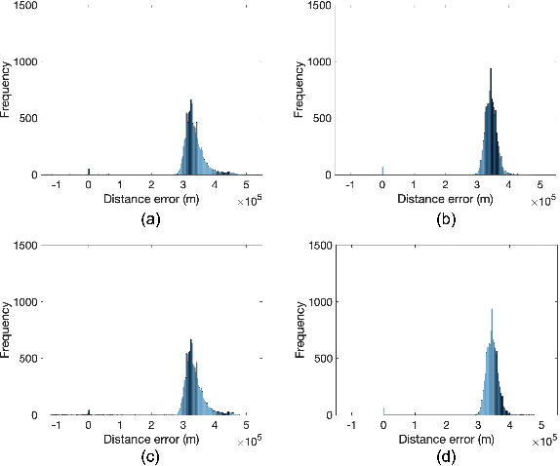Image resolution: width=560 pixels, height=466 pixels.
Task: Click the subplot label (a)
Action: click(x=151, y=220)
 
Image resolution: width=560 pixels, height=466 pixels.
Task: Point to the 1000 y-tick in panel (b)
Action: click(x=320, y=62)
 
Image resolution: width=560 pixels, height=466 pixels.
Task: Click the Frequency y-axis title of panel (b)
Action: click(x=300, y=91)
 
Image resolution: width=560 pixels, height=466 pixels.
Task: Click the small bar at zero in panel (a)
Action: click(x=89, y=171)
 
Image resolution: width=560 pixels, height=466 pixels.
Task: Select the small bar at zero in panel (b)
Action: click(x=383, y=171)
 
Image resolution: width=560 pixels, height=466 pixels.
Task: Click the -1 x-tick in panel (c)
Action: click(x=56, y=425)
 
